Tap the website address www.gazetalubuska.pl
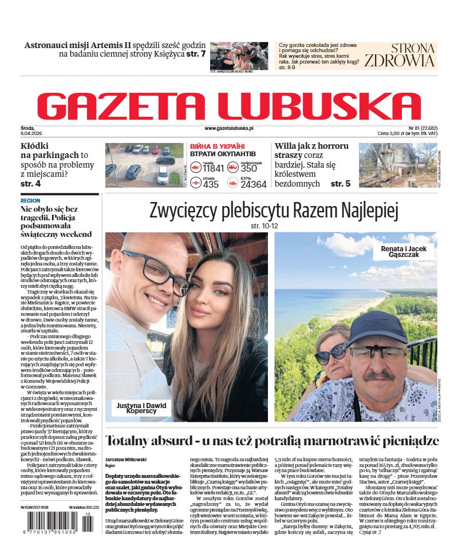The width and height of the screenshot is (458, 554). [x=229, y=129]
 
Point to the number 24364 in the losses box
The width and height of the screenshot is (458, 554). [x=253, y=184]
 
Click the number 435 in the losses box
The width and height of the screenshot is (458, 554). [x=211, y=184]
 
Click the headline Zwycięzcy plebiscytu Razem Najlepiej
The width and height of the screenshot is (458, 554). [x=273, y=211]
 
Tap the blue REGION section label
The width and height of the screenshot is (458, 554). [x=30, y=201]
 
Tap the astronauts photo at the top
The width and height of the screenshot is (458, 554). [x=239, y=55]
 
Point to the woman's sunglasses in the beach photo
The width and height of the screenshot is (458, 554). [x=330, y=353]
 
